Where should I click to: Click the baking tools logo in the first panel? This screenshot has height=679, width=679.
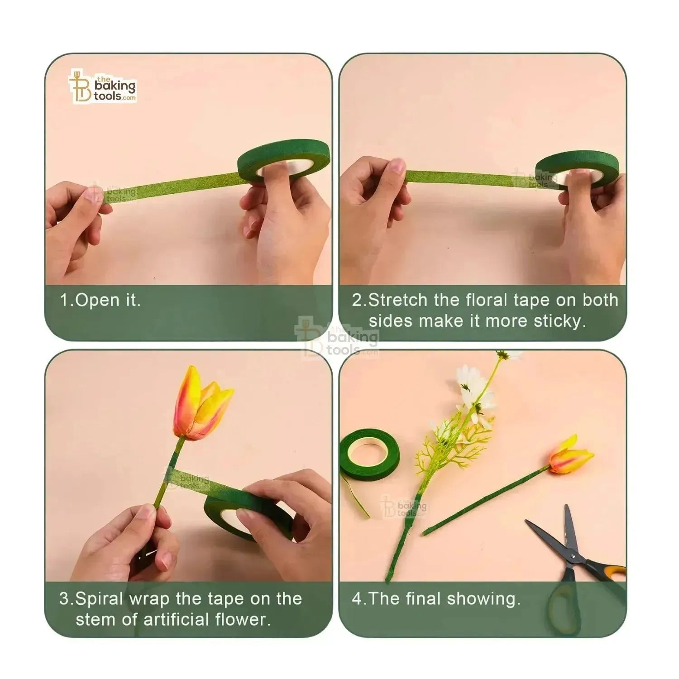pyautogui.click(x=103, y=86)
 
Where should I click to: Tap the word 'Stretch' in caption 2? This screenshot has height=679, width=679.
pyautogui.click(x=398, y=300)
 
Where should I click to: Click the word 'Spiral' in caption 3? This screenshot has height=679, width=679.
pyautogui.click(x=99, y=599)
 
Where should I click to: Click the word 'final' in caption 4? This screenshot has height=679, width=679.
pyautogui.click(x=423, y=599)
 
